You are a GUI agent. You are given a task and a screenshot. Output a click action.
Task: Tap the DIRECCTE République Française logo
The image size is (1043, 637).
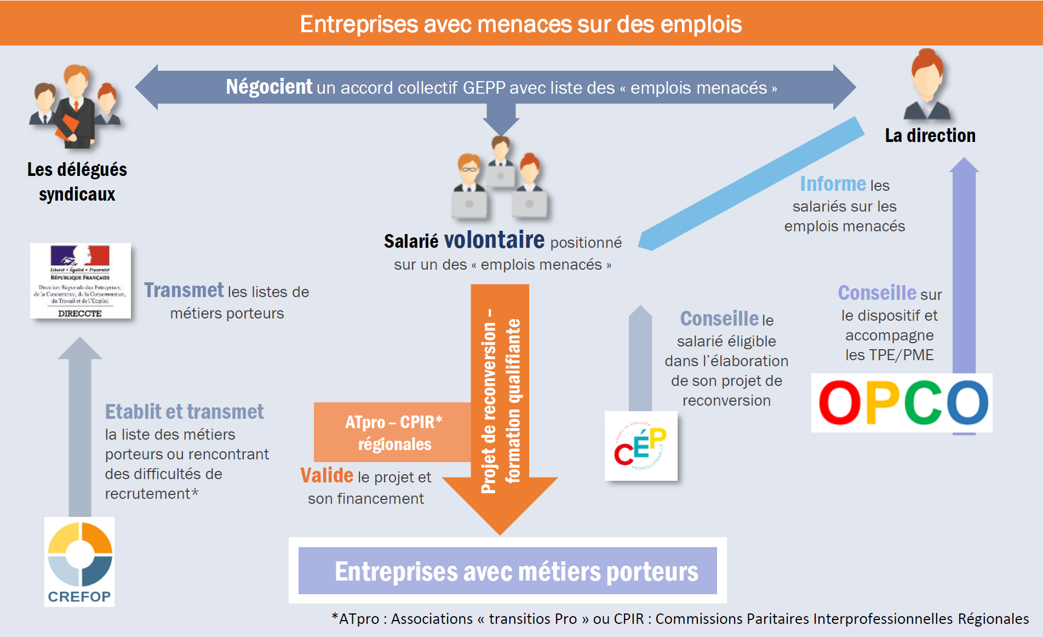[x=81, y=281]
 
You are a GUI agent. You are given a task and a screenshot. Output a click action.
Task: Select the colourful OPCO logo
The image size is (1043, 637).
[x=902, y=403]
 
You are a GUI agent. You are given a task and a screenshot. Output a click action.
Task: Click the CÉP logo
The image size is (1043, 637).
[x=641, y=446]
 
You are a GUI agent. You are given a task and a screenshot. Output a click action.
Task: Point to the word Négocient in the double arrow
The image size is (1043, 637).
[x=269, y=87]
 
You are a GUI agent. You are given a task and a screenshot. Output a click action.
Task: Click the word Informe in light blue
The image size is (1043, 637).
[x=833, y=184]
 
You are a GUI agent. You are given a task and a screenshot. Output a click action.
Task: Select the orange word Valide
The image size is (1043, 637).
[x=326, y=476]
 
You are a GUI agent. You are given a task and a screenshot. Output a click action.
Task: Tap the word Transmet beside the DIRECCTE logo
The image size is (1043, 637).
[x=184, y=291]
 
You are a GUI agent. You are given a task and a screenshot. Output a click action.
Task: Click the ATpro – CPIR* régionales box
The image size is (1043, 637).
[x=393, y=433]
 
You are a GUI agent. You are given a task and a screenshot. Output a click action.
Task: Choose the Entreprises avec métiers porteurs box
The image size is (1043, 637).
[x=507, y=571]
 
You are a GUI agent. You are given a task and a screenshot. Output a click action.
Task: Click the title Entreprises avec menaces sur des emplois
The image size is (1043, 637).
[x=520, y=24]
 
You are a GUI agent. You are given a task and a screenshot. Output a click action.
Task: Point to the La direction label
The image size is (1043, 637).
[x=930, y=135]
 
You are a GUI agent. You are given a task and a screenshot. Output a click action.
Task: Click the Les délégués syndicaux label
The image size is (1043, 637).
[x=77, y=181]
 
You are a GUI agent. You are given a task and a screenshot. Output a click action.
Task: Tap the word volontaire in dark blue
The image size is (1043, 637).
[x=494, y=240]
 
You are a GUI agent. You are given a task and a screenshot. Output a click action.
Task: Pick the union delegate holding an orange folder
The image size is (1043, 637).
[x=76, y=107]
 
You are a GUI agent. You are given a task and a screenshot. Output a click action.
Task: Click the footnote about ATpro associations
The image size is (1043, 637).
[x=680, y=619]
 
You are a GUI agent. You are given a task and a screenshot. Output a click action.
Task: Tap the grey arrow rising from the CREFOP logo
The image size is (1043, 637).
[x=80, y=428]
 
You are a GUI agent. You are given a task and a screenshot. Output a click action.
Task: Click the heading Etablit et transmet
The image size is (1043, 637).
[x=184, y=412]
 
